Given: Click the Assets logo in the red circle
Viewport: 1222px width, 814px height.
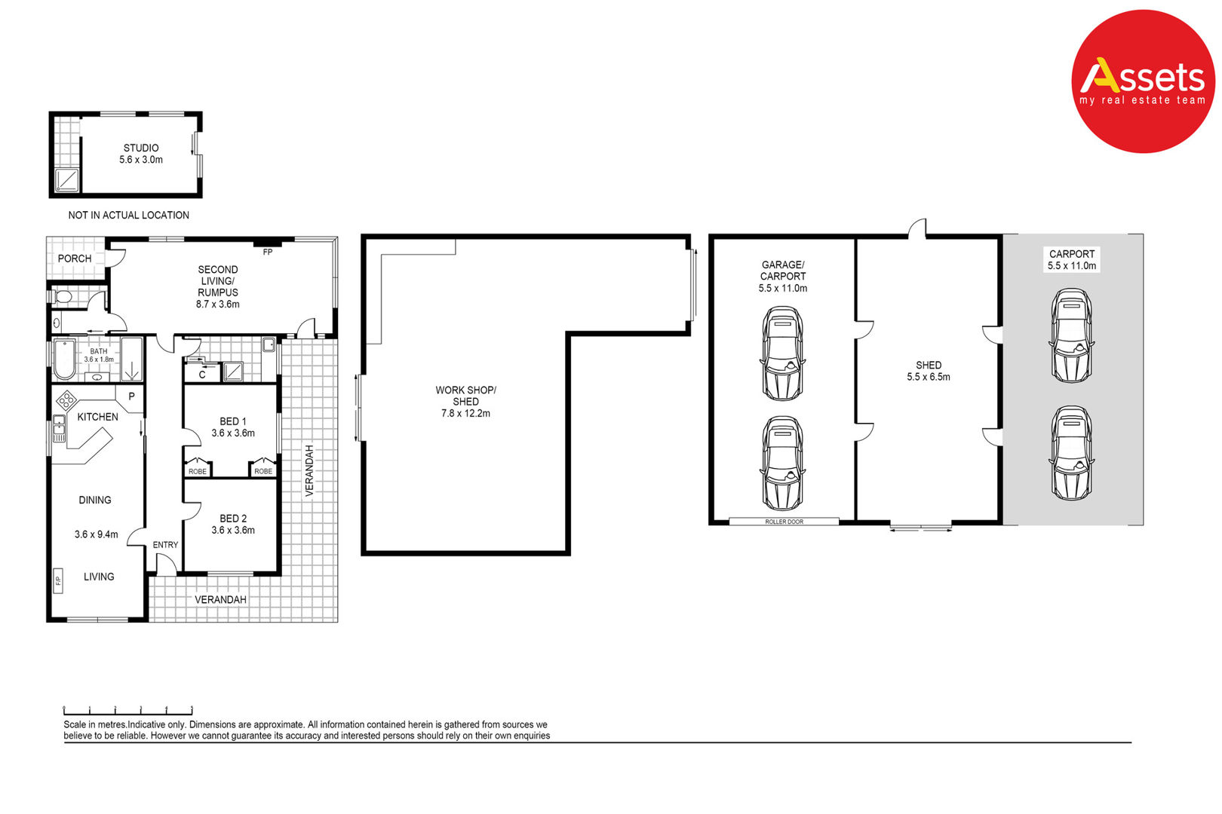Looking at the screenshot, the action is click(x=1143, y=81).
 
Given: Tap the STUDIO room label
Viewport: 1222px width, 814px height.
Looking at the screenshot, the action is click(x=141, y=148).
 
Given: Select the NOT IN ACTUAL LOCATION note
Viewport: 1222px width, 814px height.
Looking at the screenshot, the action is click(x=129, y=216).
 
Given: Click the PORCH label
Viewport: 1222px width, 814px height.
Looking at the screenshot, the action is click(x=75, y=259).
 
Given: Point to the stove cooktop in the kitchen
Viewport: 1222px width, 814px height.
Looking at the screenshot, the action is click(x=66, y=401).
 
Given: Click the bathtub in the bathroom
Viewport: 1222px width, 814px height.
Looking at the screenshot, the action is click(x=64, y=359).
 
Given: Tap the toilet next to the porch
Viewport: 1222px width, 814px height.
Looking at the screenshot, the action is click(x=61, y=297).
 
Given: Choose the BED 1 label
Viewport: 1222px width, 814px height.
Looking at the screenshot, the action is click(x=233, y=421).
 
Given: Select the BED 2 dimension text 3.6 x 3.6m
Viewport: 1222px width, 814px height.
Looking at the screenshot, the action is click(x=233, y=531).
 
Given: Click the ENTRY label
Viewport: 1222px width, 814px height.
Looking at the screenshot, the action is click(x=165, y=545).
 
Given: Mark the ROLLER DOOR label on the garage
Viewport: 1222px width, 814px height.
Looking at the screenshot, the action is click(x=784, y=522).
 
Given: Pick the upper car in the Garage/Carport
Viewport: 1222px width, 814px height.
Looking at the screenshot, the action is click(x=783, y=353).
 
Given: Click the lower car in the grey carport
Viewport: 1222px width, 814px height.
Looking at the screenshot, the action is click(x=1071, y=453).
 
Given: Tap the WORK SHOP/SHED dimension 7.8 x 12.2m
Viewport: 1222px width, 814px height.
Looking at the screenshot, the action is click(x=465, y=414).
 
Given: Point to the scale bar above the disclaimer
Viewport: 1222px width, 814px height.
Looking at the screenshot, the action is click(x=128, y=711).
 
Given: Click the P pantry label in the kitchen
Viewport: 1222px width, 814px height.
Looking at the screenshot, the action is click(x=131, y=397).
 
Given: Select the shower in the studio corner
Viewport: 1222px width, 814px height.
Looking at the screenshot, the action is click(x=66, y=180).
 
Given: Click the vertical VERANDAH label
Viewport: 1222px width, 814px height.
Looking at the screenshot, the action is click(x=309, y=471).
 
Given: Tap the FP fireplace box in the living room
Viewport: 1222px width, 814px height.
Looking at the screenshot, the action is click(x=58, y=580).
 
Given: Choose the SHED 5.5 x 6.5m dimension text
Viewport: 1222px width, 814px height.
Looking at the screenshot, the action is click(x=929, y=377).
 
